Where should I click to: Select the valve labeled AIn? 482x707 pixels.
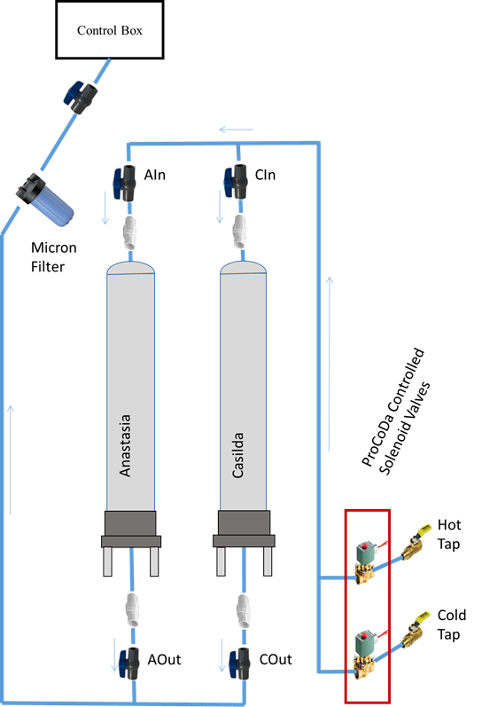click(x=124, y=183)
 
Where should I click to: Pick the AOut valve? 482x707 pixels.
click(x=128, y=663)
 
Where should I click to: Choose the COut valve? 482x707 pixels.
click(x=239, y=664)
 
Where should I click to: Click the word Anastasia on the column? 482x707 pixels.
click(x=125, y=445)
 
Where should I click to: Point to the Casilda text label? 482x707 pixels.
click(x=237, y=455)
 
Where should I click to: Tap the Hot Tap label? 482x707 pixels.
click(x=449, y=534)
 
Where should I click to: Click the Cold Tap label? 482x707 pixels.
click(x=451, y=625)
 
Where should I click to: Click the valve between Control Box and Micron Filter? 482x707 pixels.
click(x=81, y=97)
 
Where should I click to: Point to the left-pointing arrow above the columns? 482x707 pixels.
click(x=237, y=130)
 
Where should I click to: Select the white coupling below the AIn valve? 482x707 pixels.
click(x=129, y=232)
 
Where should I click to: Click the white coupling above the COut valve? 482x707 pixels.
click(x=244, y=610)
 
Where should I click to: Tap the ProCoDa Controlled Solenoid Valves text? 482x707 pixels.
click(x=396, y=412)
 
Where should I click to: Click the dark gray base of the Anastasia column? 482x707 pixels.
click(x=131, y=529)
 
